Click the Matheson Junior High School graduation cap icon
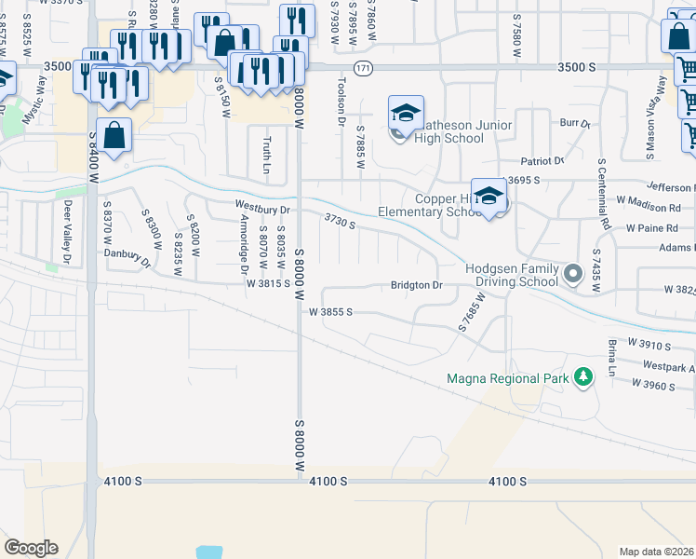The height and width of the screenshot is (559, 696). (406, 113)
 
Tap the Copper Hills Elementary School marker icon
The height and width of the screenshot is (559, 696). (489, 196)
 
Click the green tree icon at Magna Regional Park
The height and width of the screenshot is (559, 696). (582, 376)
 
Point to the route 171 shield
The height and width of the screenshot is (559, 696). (363, 67)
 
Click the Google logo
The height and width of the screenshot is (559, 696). (31, 548)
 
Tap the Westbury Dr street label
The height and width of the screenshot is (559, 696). (263, 209)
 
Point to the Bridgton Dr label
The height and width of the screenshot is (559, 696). (415, 284)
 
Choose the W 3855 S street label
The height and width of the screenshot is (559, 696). (329, 312)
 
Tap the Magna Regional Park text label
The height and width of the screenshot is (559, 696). (507, 378)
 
